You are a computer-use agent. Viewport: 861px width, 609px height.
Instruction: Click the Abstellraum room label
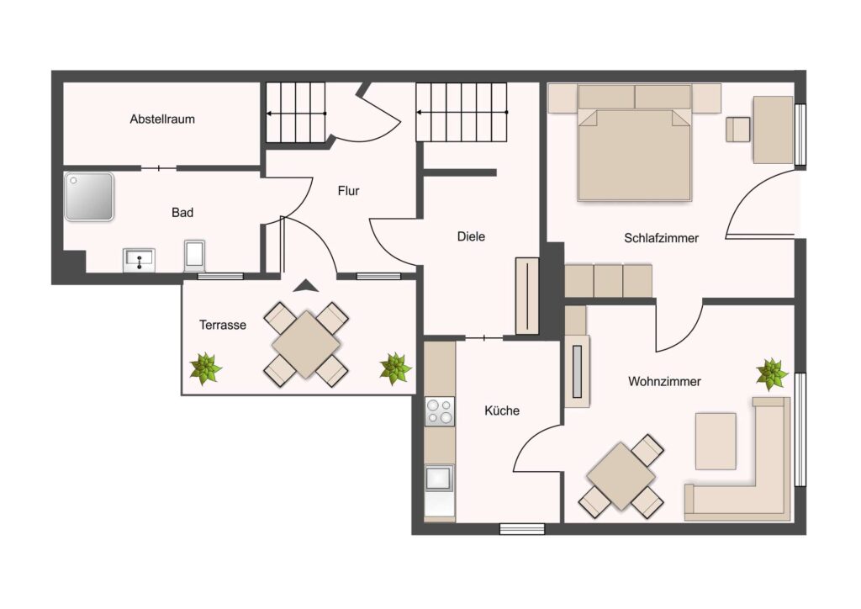pyautogui.click(x=162, y=119)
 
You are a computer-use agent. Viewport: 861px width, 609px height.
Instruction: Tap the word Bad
pyautogui.click(x=182, y=213)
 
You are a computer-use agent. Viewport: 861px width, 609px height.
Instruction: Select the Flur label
pyautogui.click(x=348, y=191)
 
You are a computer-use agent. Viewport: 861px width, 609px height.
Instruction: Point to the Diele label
pyautogui.click(x=471, y=236)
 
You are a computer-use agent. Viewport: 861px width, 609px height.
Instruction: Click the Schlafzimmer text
pyautogui.click(x=661, y=238)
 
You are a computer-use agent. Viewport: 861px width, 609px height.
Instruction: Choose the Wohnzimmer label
pyautogui.click(x=664, y=381)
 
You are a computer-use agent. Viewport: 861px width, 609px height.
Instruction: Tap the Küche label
pyautogui.click(x=502, y=410)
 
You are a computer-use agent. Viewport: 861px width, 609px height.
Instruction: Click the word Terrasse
pyautogui.click(x=222, y=325)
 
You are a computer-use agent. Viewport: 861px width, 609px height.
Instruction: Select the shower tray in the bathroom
pyautogui.click(x=89, y=197)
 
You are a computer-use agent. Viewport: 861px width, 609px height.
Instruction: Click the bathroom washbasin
pyautogui.click(x=139, y=260)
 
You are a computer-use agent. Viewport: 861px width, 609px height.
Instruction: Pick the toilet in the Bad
pyautogui.click(x=194, y=256)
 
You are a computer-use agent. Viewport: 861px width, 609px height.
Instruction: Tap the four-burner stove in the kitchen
pyautogui.click(x=440, y=412)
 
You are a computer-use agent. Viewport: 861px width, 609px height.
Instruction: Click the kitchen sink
pyautogui.click(x=439, y=479)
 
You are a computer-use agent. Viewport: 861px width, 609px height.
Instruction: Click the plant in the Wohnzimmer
pyautogui.click(x=772, y=374)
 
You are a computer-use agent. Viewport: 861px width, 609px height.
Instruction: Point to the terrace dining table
pyautogui.click(x=306, y=345)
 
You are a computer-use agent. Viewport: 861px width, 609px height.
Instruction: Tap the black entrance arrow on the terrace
pyautogui.click(x=306, y=285)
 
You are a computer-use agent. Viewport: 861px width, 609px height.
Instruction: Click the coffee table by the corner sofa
pyautogui.click(x=716, y=441)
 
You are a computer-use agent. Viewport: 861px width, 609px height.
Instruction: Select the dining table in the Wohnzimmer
pyautogui.click(x=621, y=476)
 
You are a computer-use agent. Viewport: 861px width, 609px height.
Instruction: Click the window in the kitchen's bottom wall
pyautogui.click(x=522, y=529)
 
